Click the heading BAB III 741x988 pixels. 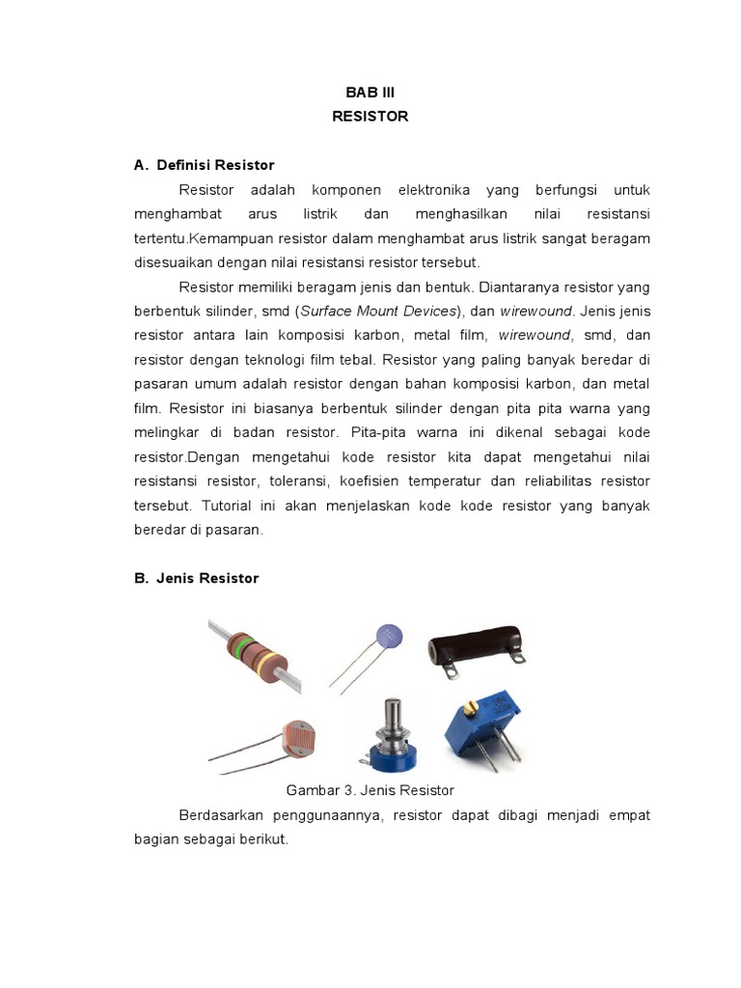[x=370, y=92]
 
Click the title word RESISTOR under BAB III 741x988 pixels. [x=370, y=116]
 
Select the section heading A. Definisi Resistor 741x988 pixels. [x=204, y=165]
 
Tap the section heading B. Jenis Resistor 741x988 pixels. [x=196, y=578]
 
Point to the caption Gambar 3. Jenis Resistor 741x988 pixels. [x=370, y=790]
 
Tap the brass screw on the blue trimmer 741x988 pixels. [x=471, y=710]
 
